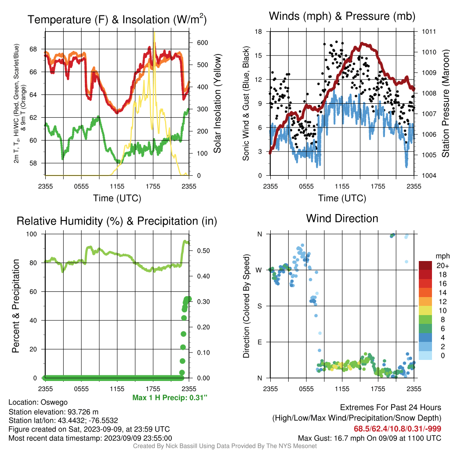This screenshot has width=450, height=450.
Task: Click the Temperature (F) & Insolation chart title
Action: [117, 19]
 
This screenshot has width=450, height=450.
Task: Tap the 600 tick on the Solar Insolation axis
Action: [202, 43]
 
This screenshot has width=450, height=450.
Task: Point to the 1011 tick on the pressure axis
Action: [429, 32]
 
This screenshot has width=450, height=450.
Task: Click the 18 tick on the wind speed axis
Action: [258, 32]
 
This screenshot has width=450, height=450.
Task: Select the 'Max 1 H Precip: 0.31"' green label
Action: [170, 397]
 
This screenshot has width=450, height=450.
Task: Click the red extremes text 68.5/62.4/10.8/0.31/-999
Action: [397, 429]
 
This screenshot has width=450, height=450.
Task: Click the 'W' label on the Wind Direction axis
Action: [259, 270]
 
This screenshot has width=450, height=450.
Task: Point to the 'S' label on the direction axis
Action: [259, 306]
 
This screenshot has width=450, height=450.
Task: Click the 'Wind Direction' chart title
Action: [342, 218]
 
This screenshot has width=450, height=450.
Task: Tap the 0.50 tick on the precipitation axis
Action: [203, 251]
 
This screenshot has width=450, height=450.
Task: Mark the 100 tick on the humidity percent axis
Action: [32, 234]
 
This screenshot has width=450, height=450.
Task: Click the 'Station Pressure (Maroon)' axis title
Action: [445, 103]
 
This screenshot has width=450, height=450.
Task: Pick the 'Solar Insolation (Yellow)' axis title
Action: [217, 103]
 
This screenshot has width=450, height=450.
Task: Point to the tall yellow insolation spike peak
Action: [154, 33]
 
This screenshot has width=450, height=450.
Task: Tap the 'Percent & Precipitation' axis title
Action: [16, 306]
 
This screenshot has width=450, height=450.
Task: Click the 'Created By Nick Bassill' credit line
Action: [225, 446]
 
